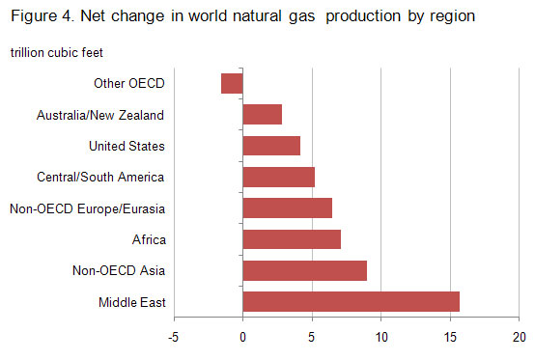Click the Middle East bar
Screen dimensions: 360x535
[x=351, y=301]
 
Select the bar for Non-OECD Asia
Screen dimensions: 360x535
[x=304, y=270]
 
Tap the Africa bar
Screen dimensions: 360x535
[x=291, y=239]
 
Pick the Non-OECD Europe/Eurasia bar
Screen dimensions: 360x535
[x=287, y=208]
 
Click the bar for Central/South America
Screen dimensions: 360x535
[x=278, y=177]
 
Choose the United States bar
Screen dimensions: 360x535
[x=271, y=146]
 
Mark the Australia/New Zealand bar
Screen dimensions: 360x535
[x=262, y=115]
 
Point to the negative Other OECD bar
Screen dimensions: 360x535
[x=232, y=84]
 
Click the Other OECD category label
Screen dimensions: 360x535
[x=128, y=84]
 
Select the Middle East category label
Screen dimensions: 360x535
[x=132, y=302]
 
